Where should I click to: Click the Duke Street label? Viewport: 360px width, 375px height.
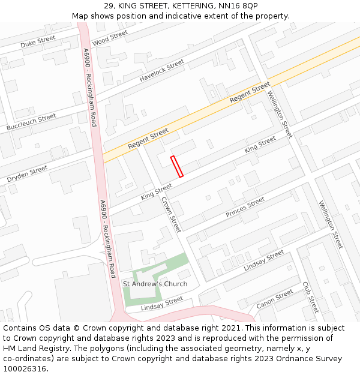37,41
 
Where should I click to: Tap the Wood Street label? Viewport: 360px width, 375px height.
110,37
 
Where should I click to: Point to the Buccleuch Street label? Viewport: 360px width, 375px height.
31,122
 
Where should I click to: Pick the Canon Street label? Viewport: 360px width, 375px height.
275,299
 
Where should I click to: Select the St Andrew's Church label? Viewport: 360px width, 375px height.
155,284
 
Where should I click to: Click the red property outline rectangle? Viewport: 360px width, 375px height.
176,166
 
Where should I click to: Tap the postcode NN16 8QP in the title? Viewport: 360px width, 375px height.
238,5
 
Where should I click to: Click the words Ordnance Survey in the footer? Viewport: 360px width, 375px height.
309,359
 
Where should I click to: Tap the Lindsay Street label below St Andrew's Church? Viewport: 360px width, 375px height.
161,304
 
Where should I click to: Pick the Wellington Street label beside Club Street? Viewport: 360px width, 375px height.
331,224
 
